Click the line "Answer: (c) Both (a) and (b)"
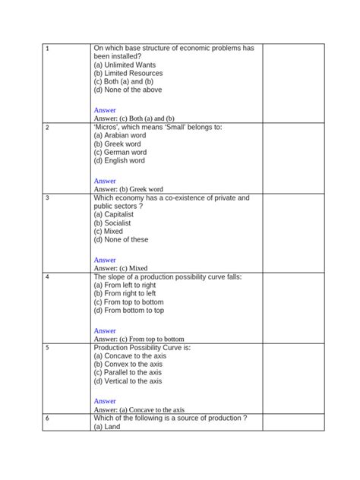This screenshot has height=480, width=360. tap(134, 118)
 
